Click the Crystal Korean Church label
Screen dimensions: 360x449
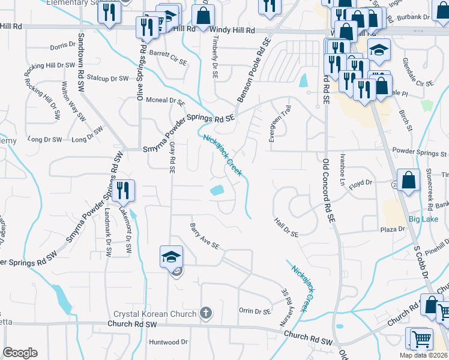(155, 314)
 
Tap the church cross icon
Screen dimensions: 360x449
(206, 313)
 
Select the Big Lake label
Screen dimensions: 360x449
(423, 218)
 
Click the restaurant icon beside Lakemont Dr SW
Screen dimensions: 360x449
(123, 191)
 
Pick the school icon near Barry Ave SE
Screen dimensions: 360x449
(171, 257)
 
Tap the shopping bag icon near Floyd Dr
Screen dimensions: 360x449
(408, 181)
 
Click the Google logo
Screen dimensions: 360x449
(20, 353)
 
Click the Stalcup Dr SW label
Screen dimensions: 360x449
(107, 79)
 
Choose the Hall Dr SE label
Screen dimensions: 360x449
(286, 229)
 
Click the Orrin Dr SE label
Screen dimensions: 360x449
(255, 311)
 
